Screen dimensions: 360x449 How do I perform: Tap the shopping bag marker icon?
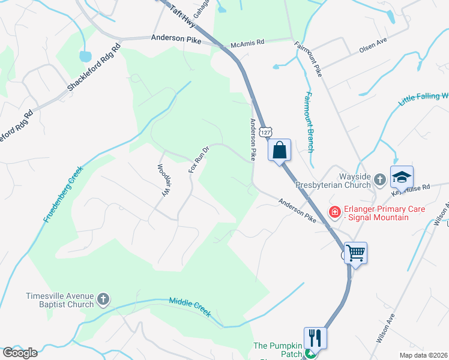coord(280,149)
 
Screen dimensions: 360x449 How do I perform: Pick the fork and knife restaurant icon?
coord(315,337)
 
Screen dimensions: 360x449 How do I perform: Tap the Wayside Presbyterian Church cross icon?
coord(379,179)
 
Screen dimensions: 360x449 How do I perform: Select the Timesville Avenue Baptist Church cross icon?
coord(103,299)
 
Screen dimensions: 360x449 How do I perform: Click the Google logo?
coord(20,353)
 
